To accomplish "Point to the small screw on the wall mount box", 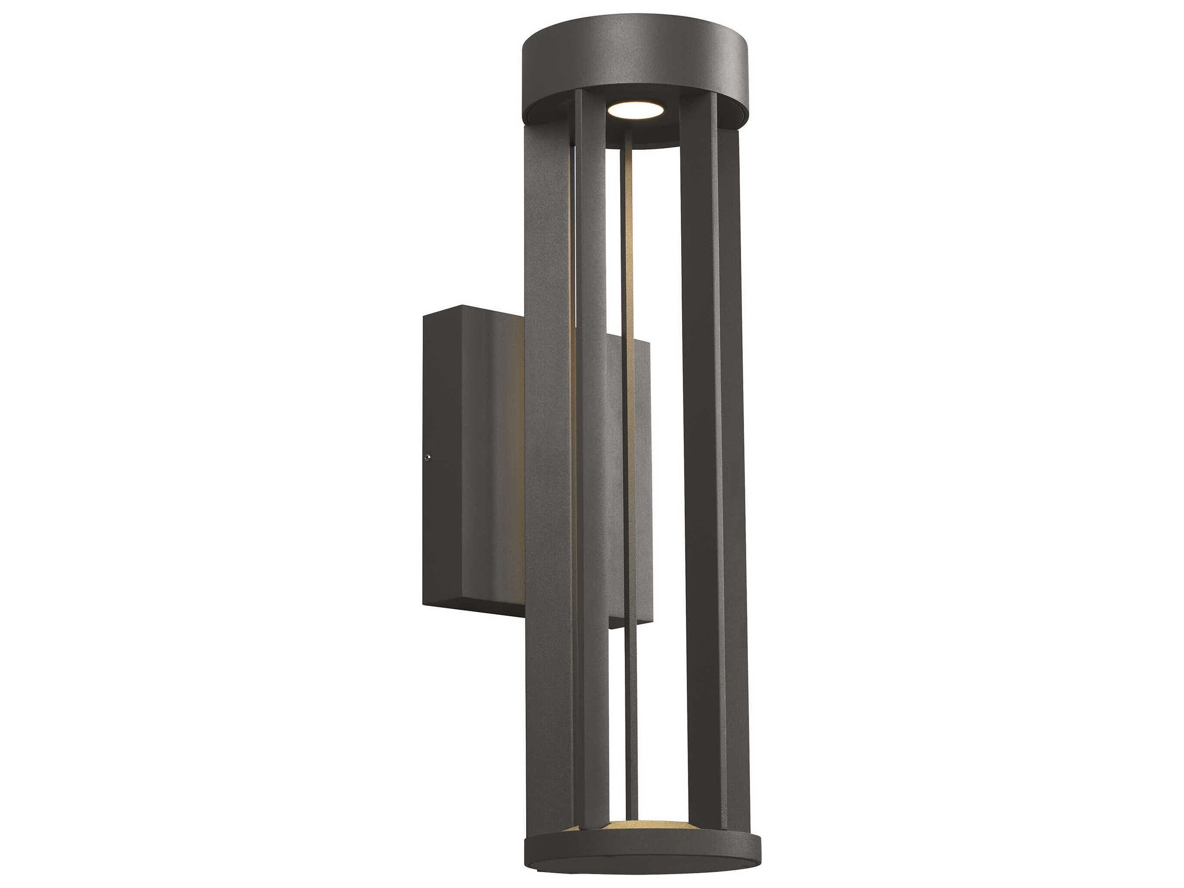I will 427,457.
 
